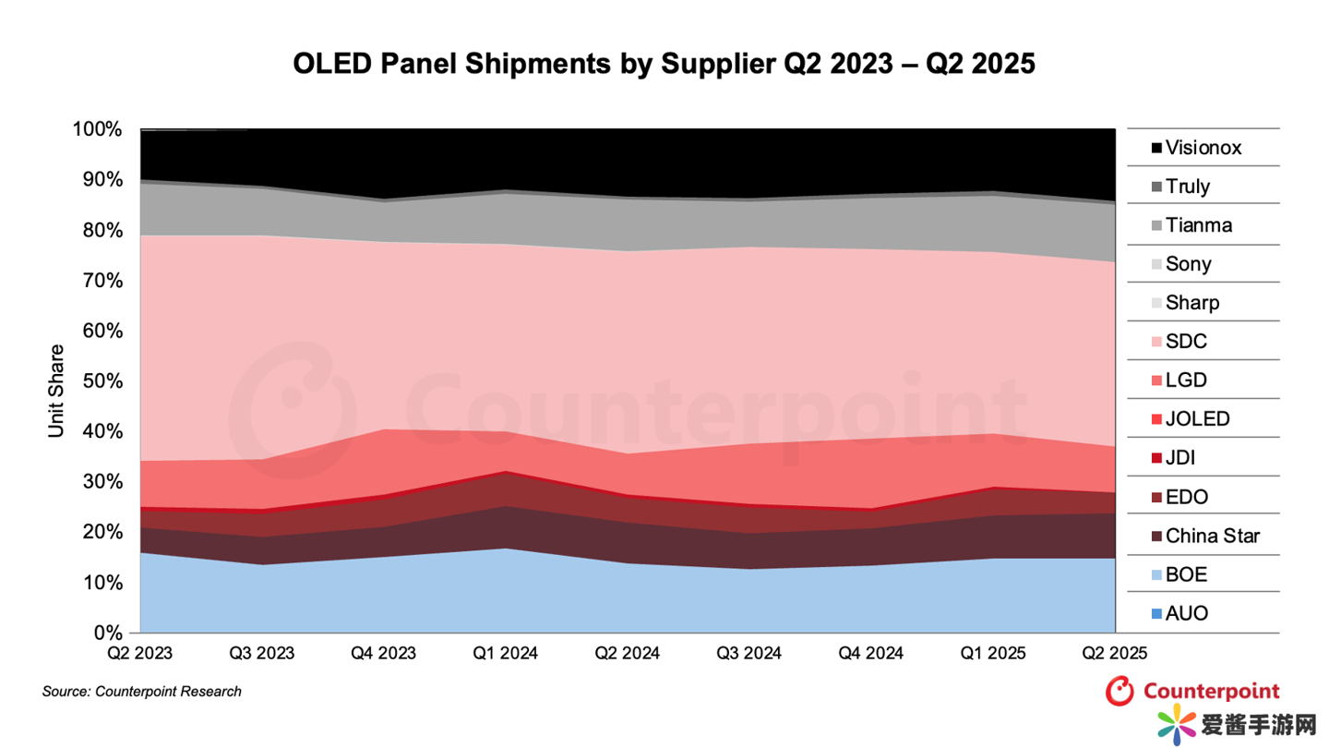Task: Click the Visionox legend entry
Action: point(1195,148)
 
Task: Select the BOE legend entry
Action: point(1185,574)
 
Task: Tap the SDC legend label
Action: point(1185,342)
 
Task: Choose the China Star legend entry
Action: point(1203,536)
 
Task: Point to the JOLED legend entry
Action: point(1196,419)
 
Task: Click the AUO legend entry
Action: point(1185,613)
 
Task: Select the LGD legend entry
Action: point(1185,380)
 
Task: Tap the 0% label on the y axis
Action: point(107,633)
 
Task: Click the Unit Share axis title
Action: point(57,391)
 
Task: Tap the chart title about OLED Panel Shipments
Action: point(664,64)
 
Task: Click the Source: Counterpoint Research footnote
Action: point(141,692)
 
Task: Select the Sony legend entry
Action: point(1188,264)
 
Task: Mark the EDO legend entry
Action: point(1186,497)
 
